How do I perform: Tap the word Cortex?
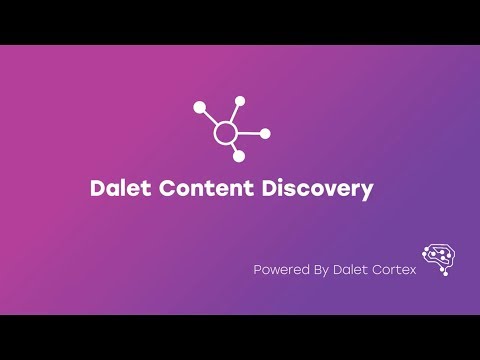(x=392, y=269)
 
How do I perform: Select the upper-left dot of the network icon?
(x=199, y=106)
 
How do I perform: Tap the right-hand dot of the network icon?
(x=266, y=133)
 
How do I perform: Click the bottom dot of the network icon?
(x=239, y=156)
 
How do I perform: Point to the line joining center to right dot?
(x=250, y=133)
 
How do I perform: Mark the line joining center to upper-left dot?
(x=211, y=117)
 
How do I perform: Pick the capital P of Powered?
(x=258, y=269)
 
